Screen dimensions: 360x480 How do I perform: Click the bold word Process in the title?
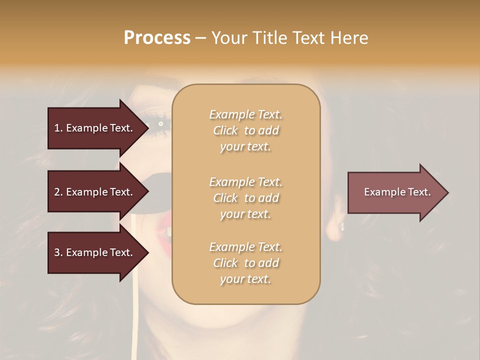pos(157,38)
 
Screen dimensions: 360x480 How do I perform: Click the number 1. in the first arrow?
pos(58,128)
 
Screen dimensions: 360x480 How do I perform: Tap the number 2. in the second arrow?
pos(58,192)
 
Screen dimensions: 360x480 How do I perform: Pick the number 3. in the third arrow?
pos(58,252)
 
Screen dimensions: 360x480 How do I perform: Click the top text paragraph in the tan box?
pos(245,130)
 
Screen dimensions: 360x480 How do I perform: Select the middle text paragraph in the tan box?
pos(245,197)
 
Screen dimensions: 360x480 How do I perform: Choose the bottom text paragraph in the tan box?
pos(245,263)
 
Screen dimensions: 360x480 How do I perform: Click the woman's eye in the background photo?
pos(160,123)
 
